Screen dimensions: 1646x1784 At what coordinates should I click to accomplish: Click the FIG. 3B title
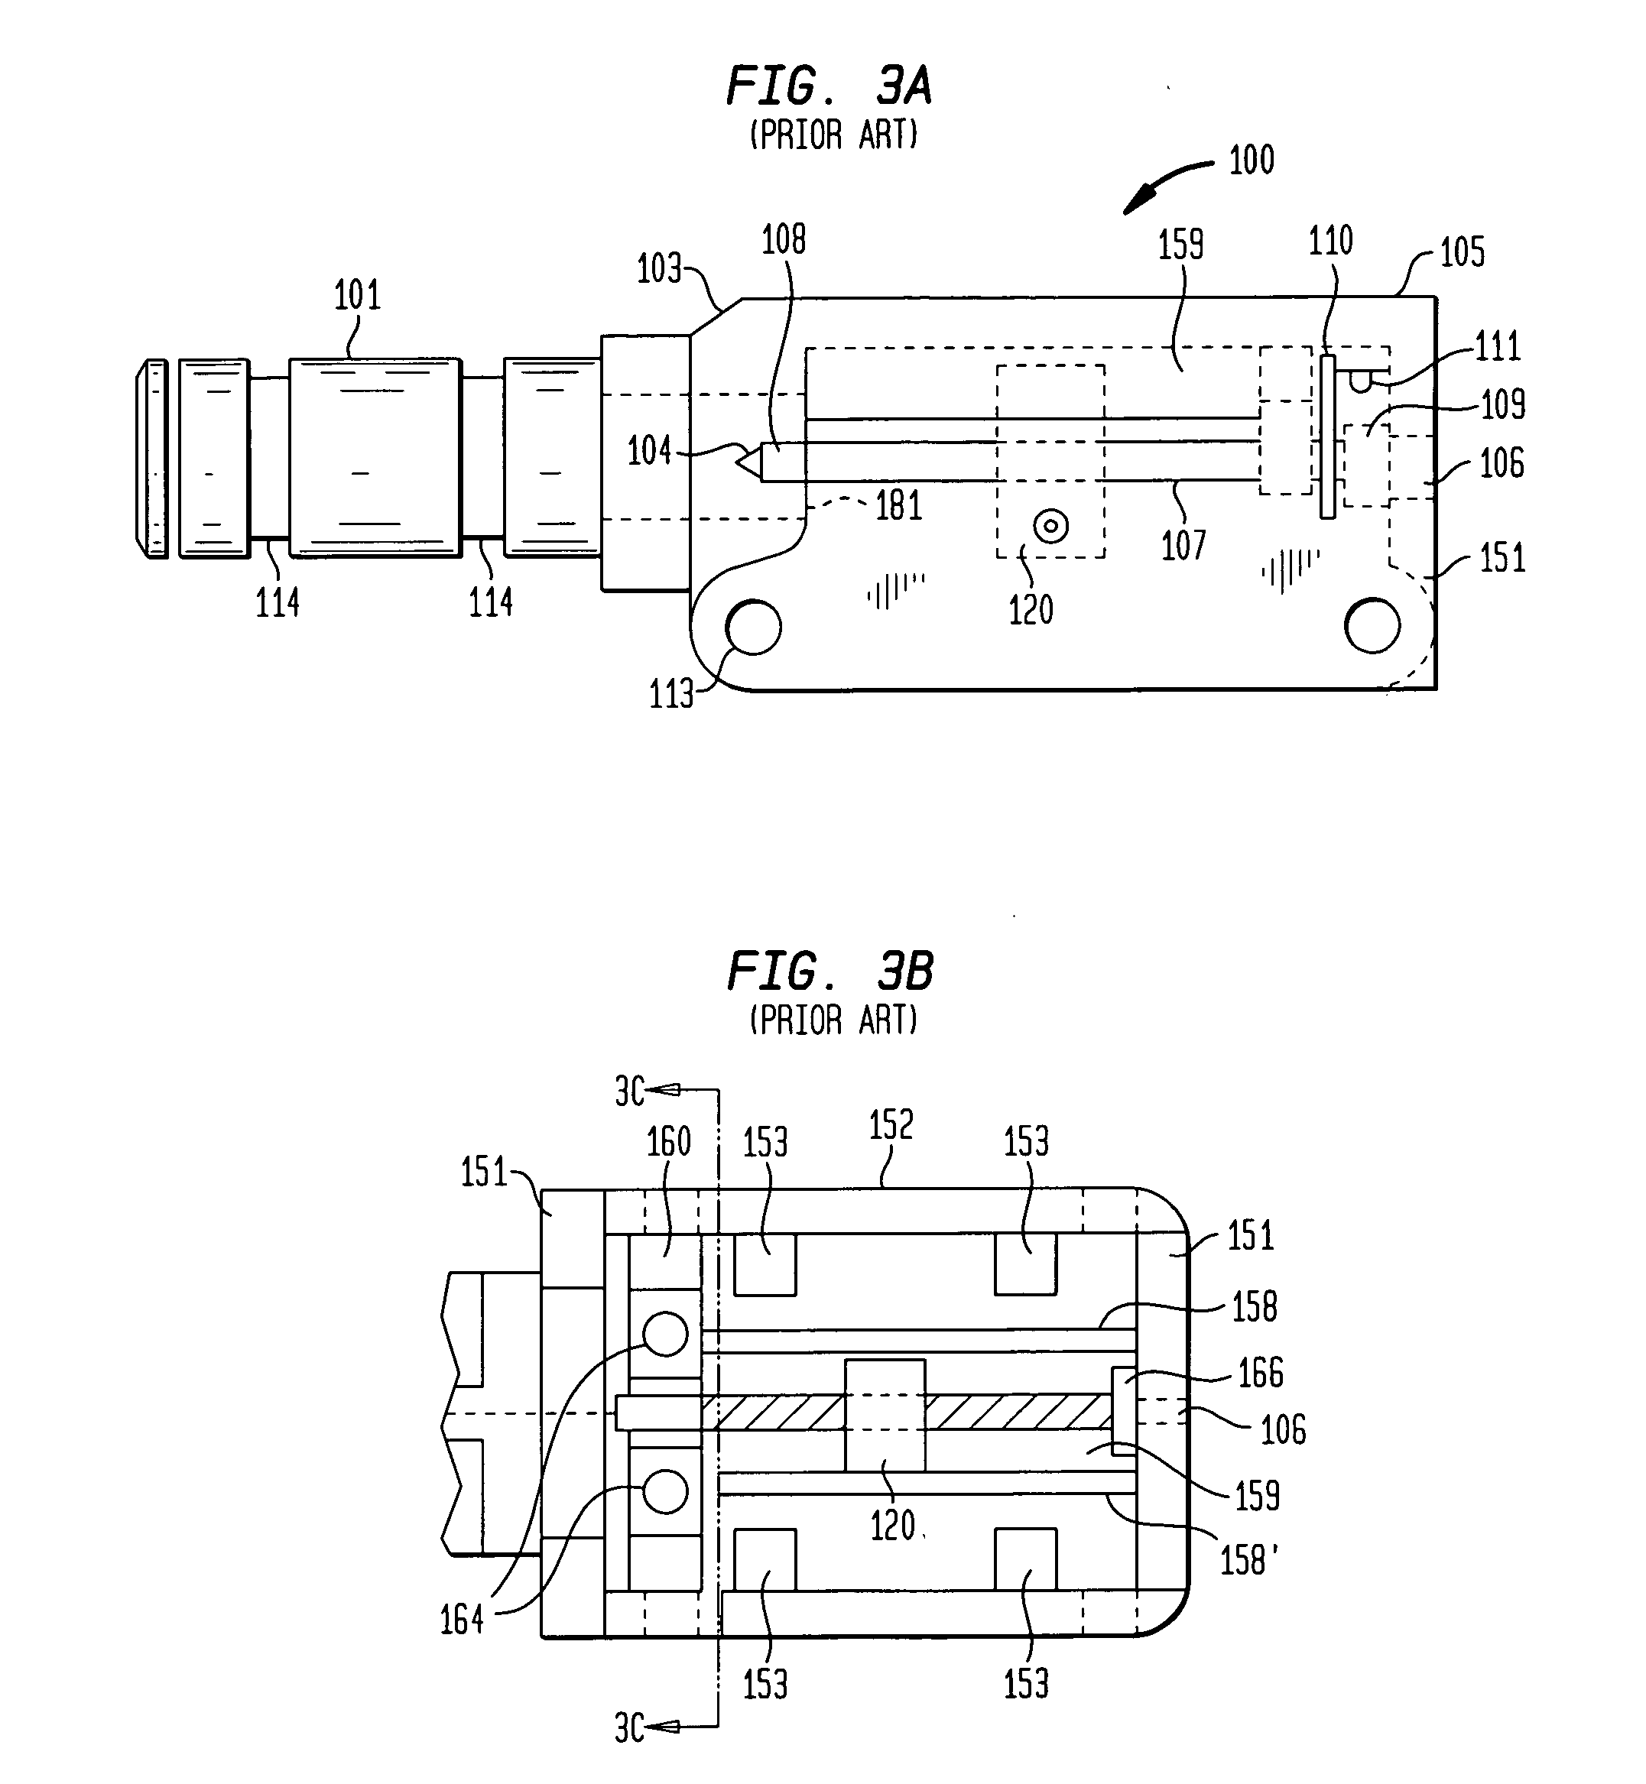(x=830, y=971)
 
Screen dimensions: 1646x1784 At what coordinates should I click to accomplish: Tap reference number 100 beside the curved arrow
(x=1252, y=161)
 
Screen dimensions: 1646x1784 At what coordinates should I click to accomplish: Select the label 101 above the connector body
(x=357, y=295)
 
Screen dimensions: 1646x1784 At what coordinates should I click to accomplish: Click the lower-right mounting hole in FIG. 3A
(x=1372, y=626)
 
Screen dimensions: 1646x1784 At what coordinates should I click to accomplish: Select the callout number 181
(x=898, y=506)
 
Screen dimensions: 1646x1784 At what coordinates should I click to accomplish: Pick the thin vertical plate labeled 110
(x=1328, y=437)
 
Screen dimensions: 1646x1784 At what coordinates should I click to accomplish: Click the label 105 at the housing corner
(x=1462, y=253)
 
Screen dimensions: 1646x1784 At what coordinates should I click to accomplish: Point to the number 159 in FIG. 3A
(x=1180, y=244)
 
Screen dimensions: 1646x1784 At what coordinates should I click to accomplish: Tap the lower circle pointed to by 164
(x=665, y=1491)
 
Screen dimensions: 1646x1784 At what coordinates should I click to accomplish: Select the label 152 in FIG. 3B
(x=891, y=1126)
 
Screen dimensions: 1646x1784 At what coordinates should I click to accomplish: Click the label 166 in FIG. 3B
(x=1261, y=1374)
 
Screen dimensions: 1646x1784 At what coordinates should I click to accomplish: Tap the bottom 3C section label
(x=630, y=1729)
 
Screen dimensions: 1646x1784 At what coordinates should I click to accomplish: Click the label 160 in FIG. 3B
(x=668, y=1142)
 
